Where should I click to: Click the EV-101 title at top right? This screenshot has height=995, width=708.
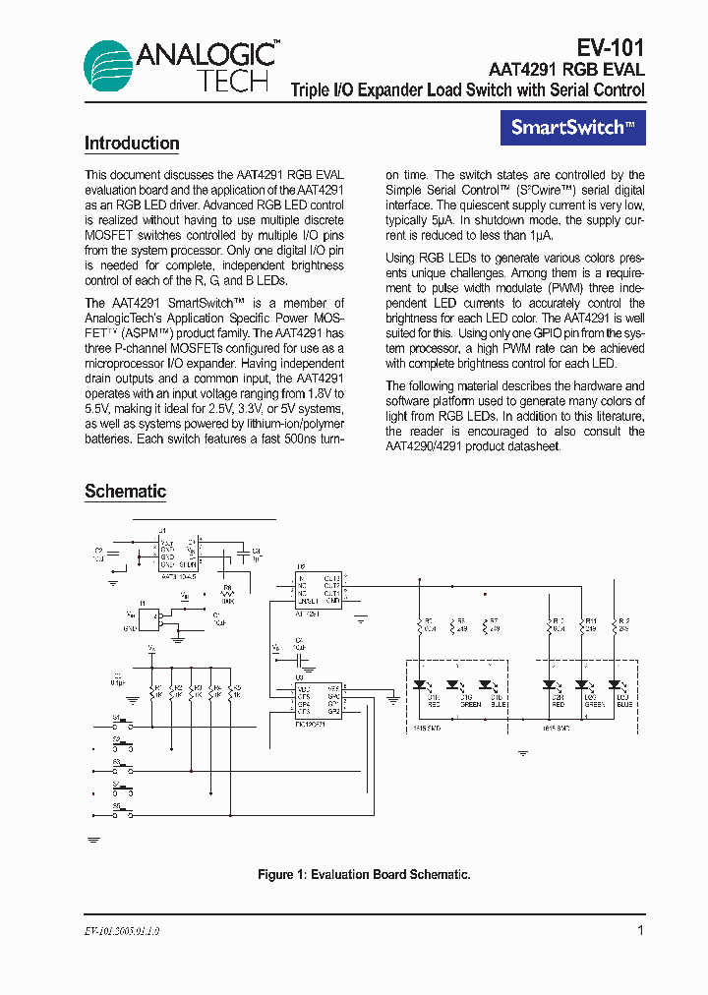610,48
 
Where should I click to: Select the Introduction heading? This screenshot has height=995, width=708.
132,144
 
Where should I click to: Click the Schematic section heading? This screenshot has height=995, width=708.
125,492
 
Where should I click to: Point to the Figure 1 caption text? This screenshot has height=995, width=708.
364,874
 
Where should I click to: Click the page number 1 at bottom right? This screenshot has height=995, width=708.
641,930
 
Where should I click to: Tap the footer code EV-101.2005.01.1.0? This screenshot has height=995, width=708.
122,931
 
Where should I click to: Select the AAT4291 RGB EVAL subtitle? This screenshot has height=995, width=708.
566,70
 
